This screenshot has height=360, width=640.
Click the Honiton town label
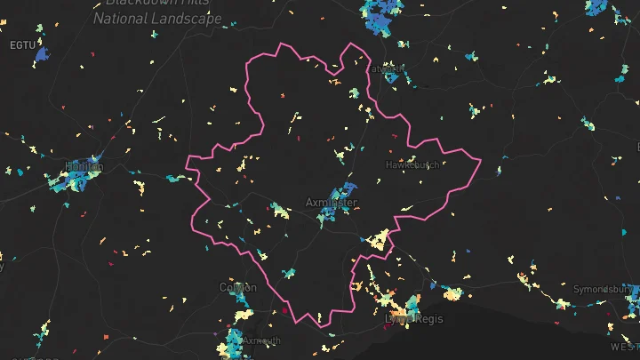[84, 166]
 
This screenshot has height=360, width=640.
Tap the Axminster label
[331, 203]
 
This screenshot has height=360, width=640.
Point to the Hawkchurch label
[413, 165]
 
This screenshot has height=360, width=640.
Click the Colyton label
[238, 287]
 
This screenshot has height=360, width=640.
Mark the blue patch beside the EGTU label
[40, 56]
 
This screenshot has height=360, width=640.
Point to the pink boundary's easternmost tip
[480, 160]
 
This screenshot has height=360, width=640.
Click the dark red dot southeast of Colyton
[284, 311]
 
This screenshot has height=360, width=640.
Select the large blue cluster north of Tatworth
[380, 20]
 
